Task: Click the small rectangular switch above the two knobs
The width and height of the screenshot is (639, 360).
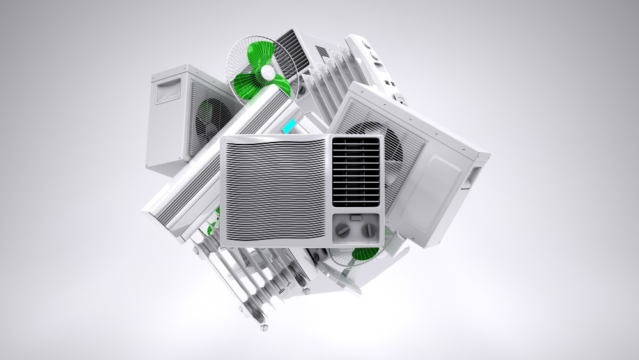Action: (356, 217)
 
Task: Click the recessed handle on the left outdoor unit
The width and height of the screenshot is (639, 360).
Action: (168, 90)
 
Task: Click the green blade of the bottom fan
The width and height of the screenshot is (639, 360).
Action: (365, 253)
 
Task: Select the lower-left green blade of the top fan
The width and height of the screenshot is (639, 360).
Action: (246, 87)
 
